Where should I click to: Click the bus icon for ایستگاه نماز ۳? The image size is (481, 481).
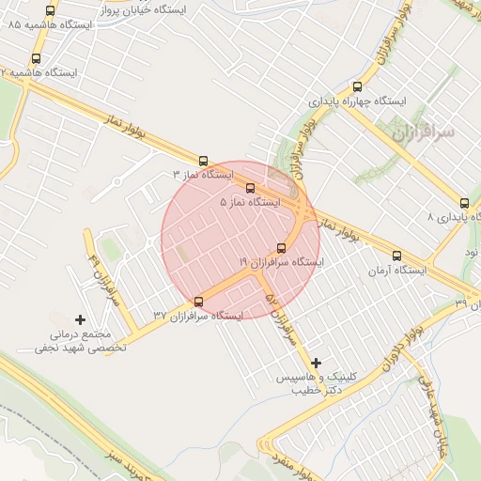pos(204,162)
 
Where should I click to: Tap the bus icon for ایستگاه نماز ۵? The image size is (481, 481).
pos(249,189)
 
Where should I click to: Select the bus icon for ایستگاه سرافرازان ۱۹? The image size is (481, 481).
pos(281,249)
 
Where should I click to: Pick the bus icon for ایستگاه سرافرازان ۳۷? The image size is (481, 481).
pos(198,302)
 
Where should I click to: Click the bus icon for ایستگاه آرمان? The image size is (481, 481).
pos(396,256)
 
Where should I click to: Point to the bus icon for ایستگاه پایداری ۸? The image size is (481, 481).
pos(464,203)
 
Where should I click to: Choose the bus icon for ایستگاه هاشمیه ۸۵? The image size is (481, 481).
pos(50,11)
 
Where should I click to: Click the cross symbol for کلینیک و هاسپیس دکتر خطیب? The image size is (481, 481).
pos(316,363)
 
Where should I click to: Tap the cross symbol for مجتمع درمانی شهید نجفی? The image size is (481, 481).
pos(80,320)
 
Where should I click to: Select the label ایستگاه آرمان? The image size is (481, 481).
pos(397,271)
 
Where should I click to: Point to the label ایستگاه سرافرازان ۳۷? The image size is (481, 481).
pos(198,316)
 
